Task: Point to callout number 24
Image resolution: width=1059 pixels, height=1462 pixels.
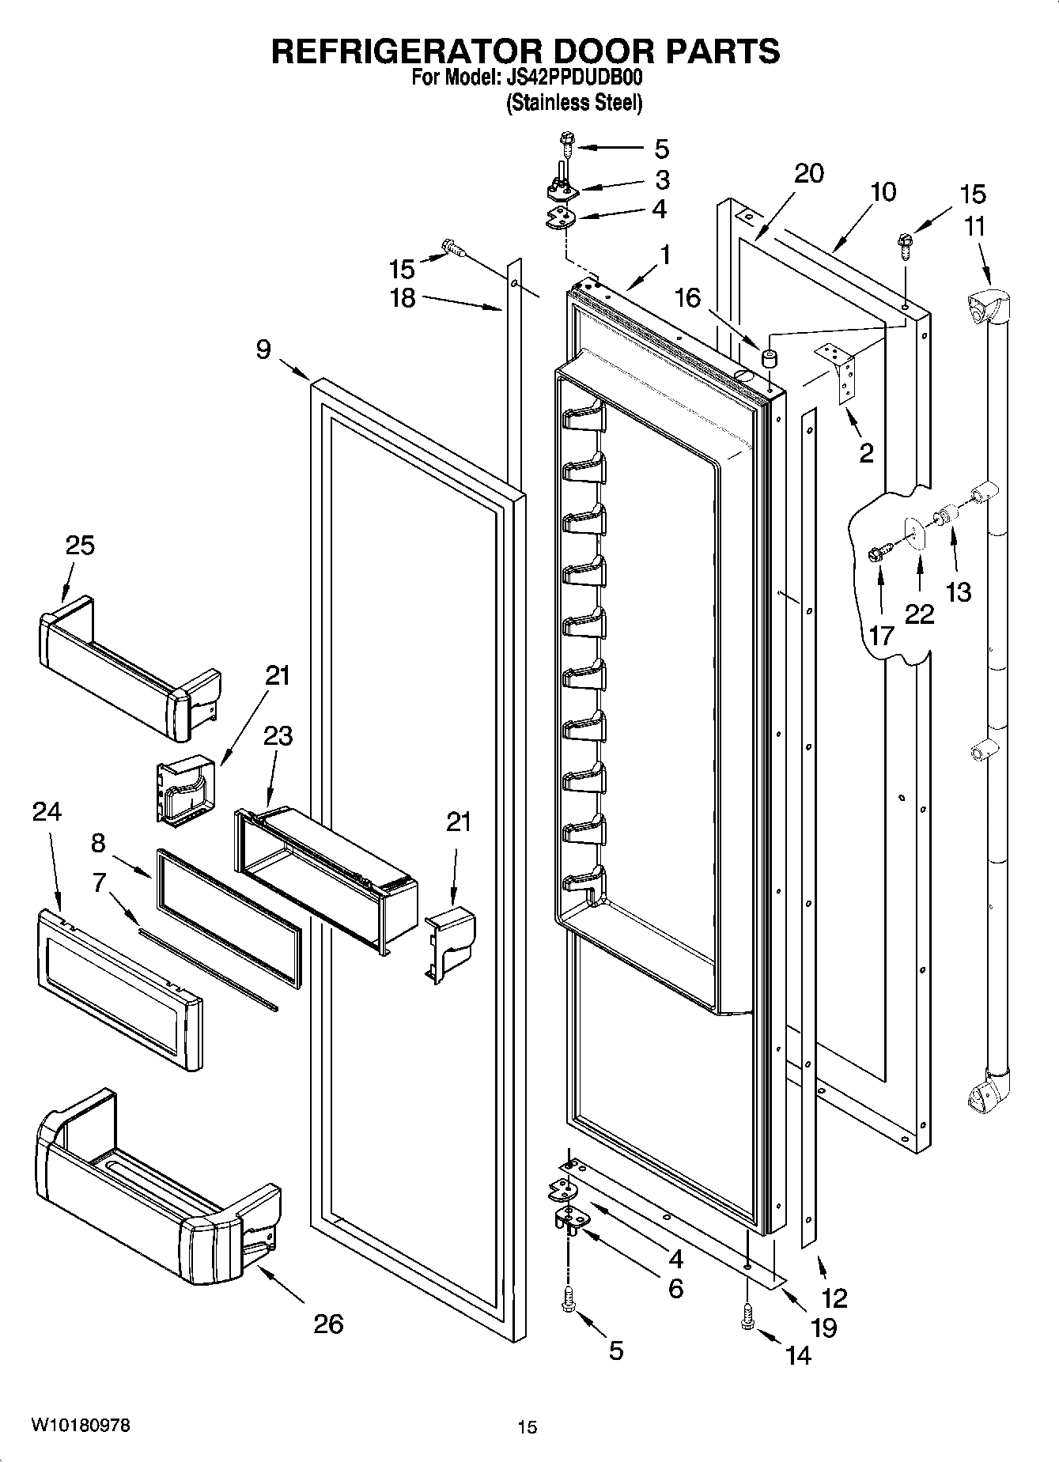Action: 47,811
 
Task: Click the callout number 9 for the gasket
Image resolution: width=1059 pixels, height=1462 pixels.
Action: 263,349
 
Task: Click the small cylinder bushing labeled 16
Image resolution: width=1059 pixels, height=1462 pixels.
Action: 767,358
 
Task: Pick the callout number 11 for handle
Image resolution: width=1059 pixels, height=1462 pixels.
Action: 974,226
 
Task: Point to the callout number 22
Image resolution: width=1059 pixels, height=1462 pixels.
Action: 919,614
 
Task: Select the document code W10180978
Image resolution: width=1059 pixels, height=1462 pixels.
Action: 81,1425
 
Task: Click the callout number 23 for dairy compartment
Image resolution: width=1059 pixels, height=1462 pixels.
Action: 278,735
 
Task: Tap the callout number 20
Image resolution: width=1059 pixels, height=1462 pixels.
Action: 808,173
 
